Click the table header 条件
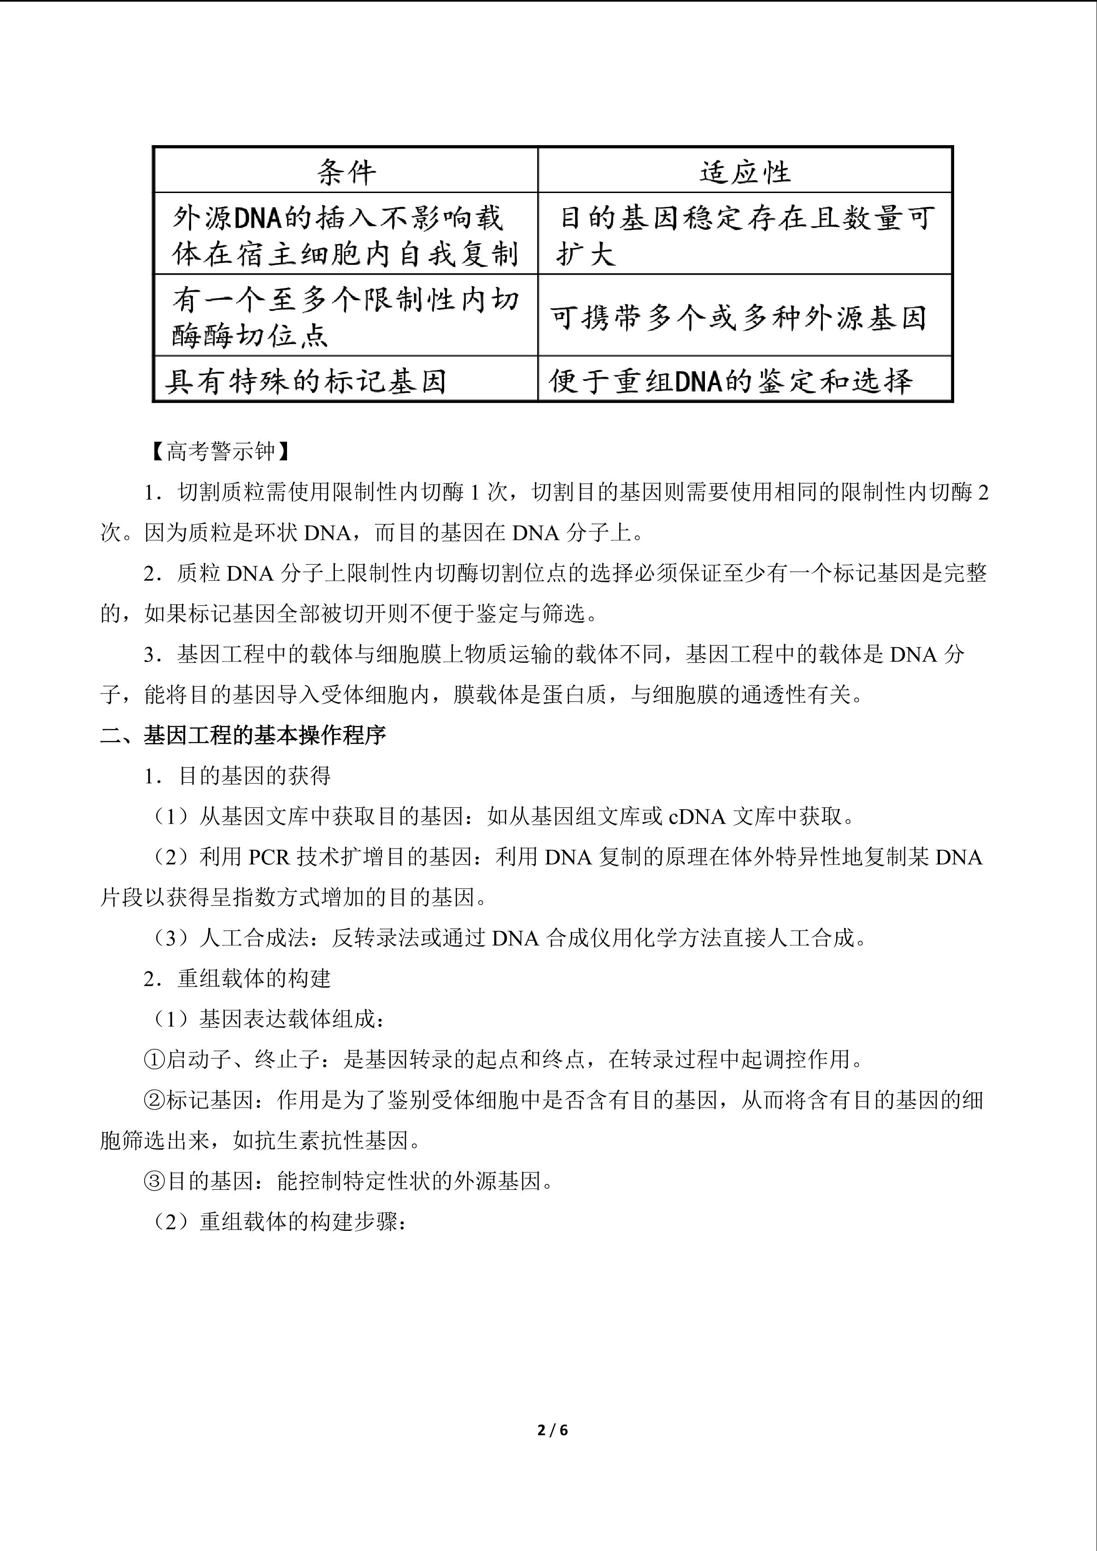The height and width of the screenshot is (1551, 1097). (x=346, y=172)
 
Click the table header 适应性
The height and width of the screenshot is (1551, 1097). (x=745, y=172)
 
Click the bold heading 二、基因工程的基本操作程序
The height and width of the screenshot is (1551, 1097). (x=243, y=735)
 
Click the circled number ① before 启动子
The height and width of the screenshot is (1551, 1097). (x=155, y=1059)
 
